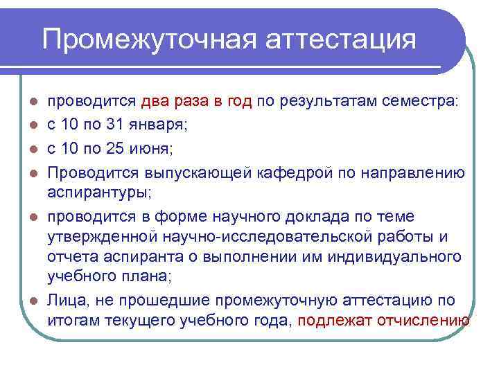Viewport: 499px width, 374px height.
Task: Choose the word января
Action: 159,125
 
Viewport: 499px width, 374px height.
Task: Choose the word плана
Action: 141,278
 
